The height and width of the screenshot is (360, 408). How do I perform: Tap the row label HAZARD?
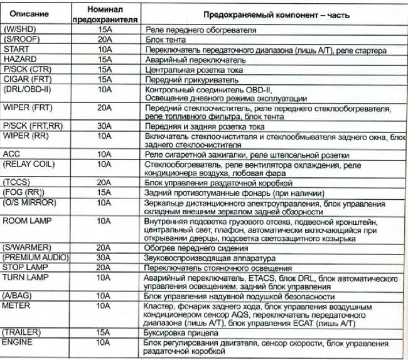pos(19,59)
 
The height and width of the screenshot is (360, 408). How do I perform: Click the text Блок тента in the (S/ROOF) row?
pos(164,39)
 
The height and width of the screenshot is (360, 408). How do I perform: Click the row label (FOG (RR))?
pos(23,192)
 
